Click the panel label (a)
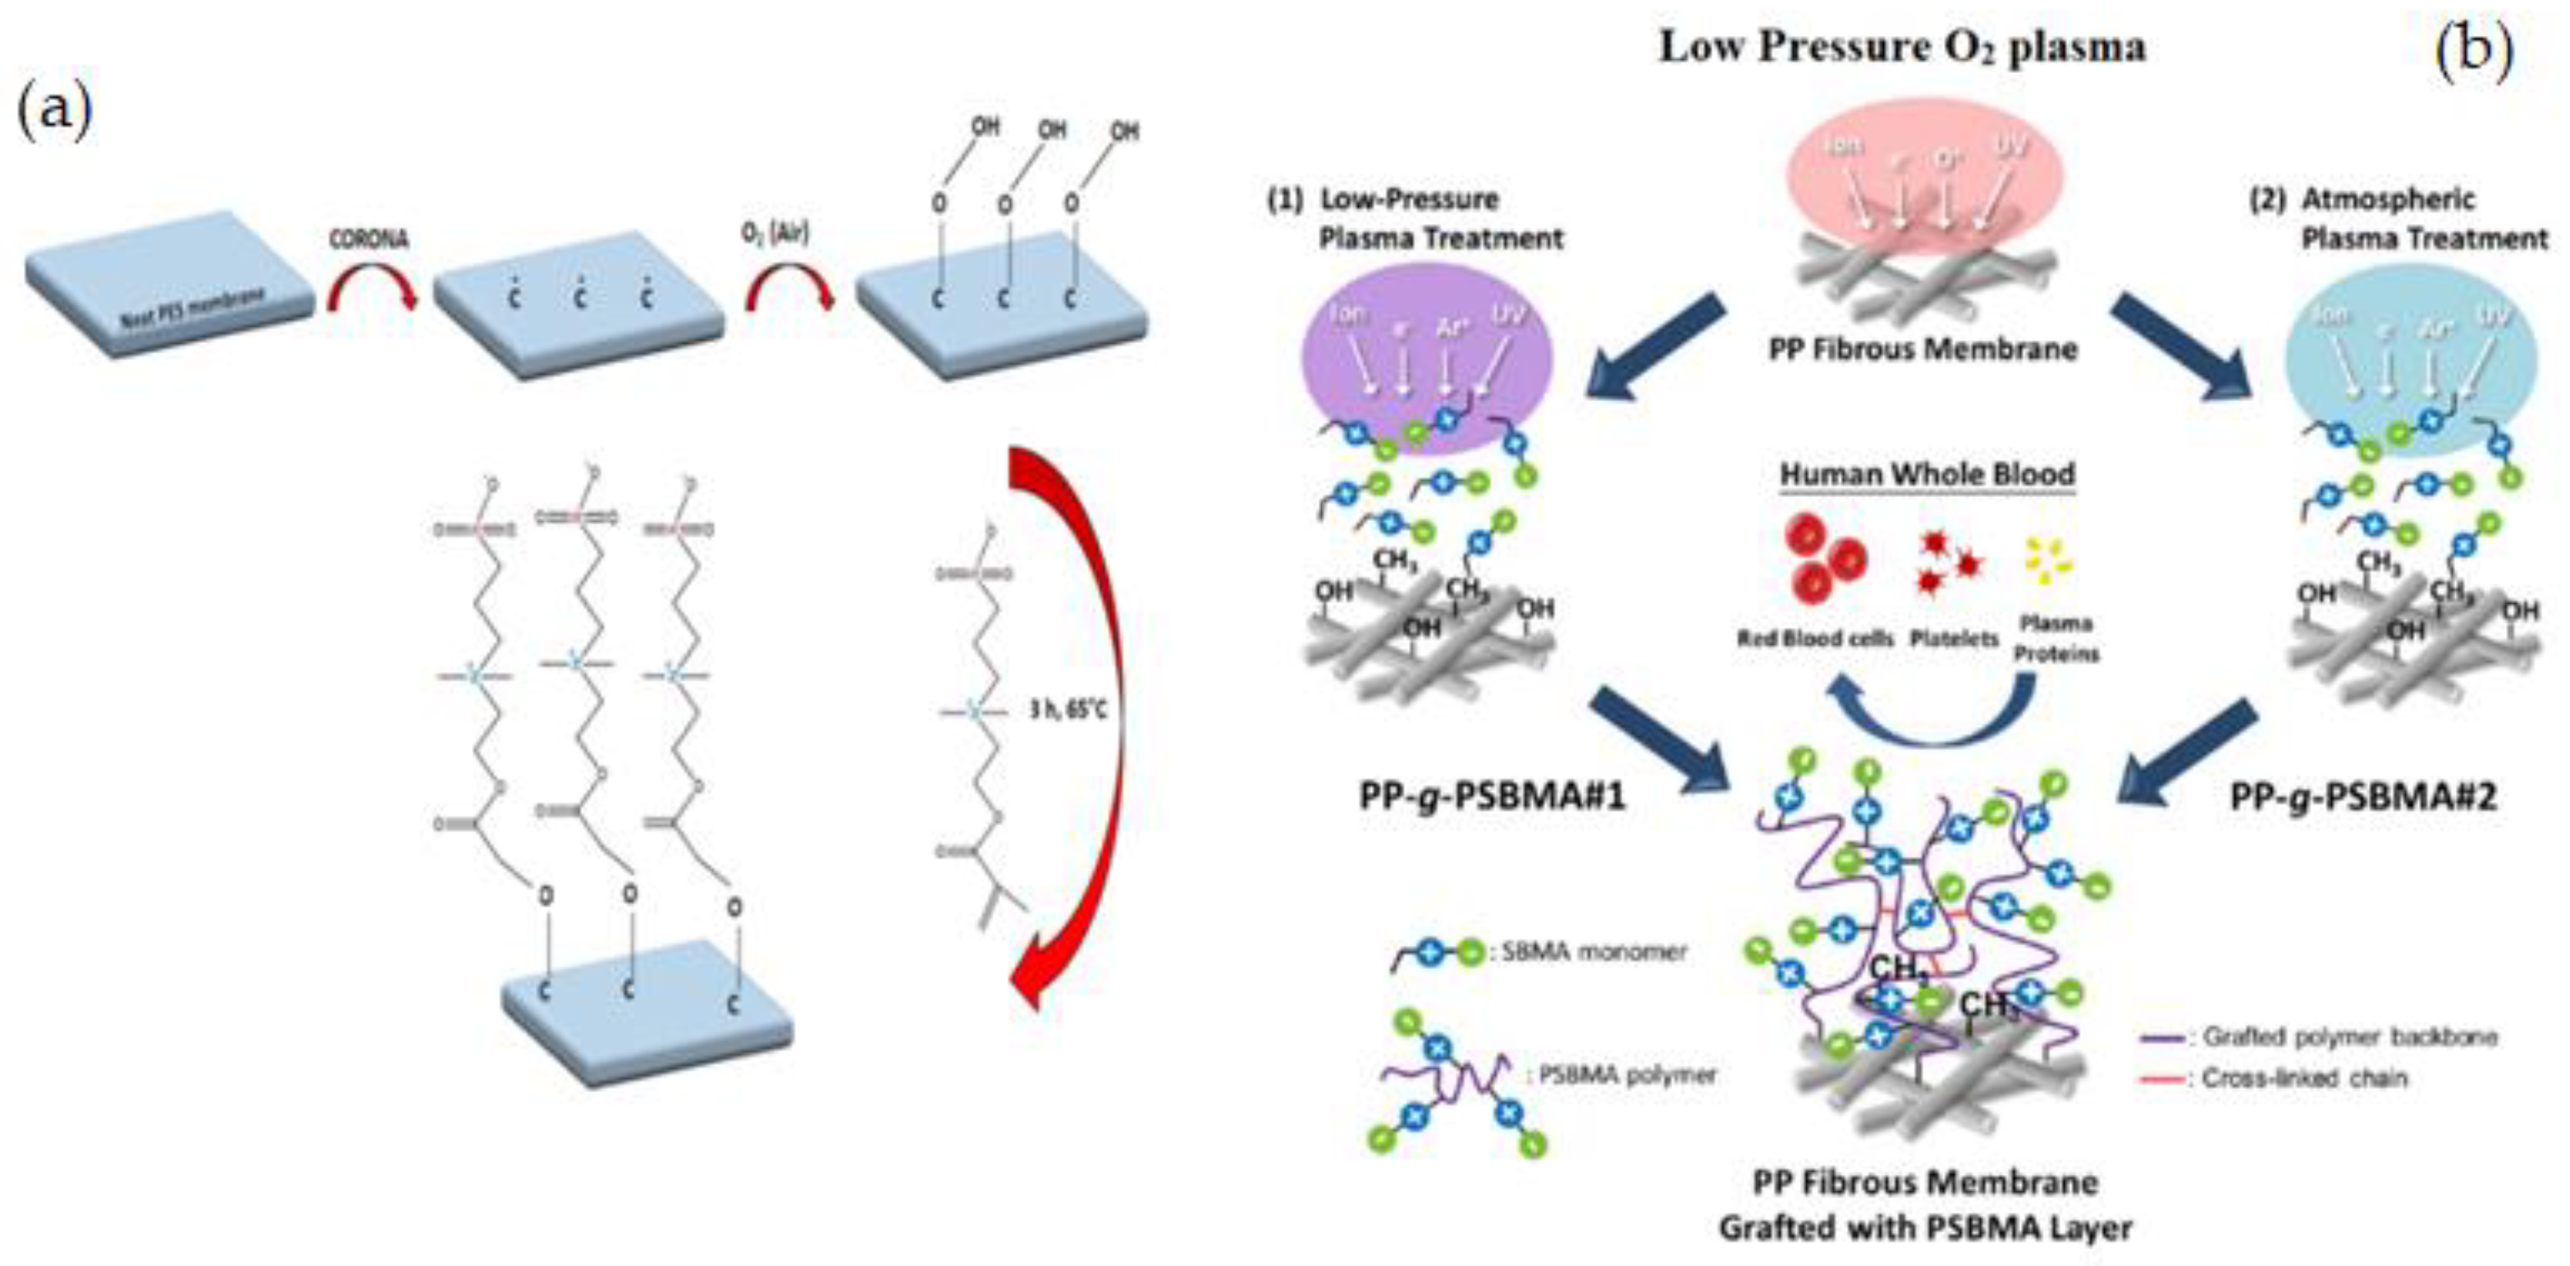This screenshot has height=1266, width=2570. click(x=55, y=111)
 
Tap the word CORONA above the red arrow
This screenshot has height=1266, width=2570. click(x=370, y=240)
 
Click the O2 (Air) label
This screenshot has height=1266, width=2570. click(x=775, y=232)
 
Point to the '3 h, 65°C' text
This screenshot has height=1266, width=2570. click(x=1067, y=711)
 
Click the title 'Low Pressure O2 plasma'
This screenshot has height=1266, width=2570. click(x=1901, y=47)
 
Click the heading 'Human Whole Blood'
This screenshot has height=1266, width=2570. click(x=1927, y=474)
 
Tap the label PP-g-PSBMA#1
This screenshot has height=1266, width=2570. click(x=1493, y=796)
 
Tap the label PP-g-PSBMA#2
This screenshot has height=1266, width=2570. click(x=2363, y=796)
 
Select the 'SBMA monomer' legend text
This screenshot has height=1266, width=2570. click(x=1592, y=952)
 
